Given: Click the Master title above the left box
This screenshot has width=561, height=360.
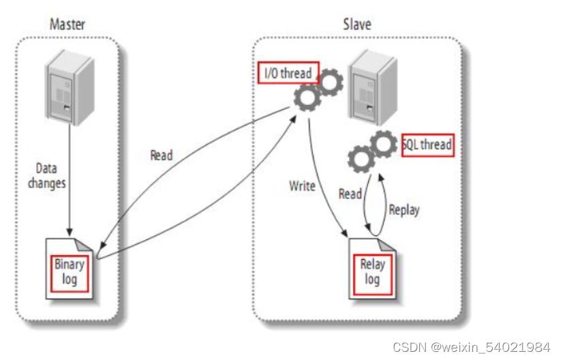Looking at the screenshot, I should [68, 24].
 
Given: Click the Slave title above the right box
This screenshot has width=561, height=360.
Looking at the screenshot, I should [357, 24].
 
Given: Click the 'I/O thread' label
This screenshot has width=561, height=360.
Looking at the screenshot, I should [288, 73].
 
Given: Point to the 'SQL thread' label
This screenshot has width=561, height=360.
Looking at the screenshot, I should [427, 145].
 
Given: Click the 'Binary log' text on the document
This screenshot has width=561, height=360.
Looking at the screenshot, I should [70, 271].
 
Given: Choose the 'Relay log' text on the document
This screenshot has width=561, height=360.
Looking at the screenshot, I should [372, 271].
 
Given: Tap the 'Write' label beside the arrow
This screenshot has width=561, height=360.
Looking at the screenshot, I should [301, 185].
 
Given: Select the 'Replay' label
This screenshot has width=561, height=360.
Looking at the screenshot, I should [404, 209].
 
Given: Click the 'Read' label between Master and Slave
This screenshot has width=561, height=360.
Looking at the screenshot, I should [161, 155].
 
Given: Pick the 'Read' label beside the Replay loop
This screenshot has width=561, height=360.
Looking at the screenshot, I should [350, 194].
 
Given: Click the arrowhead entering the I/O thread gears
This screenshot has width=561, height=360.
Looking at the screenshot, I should [294, 117].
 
